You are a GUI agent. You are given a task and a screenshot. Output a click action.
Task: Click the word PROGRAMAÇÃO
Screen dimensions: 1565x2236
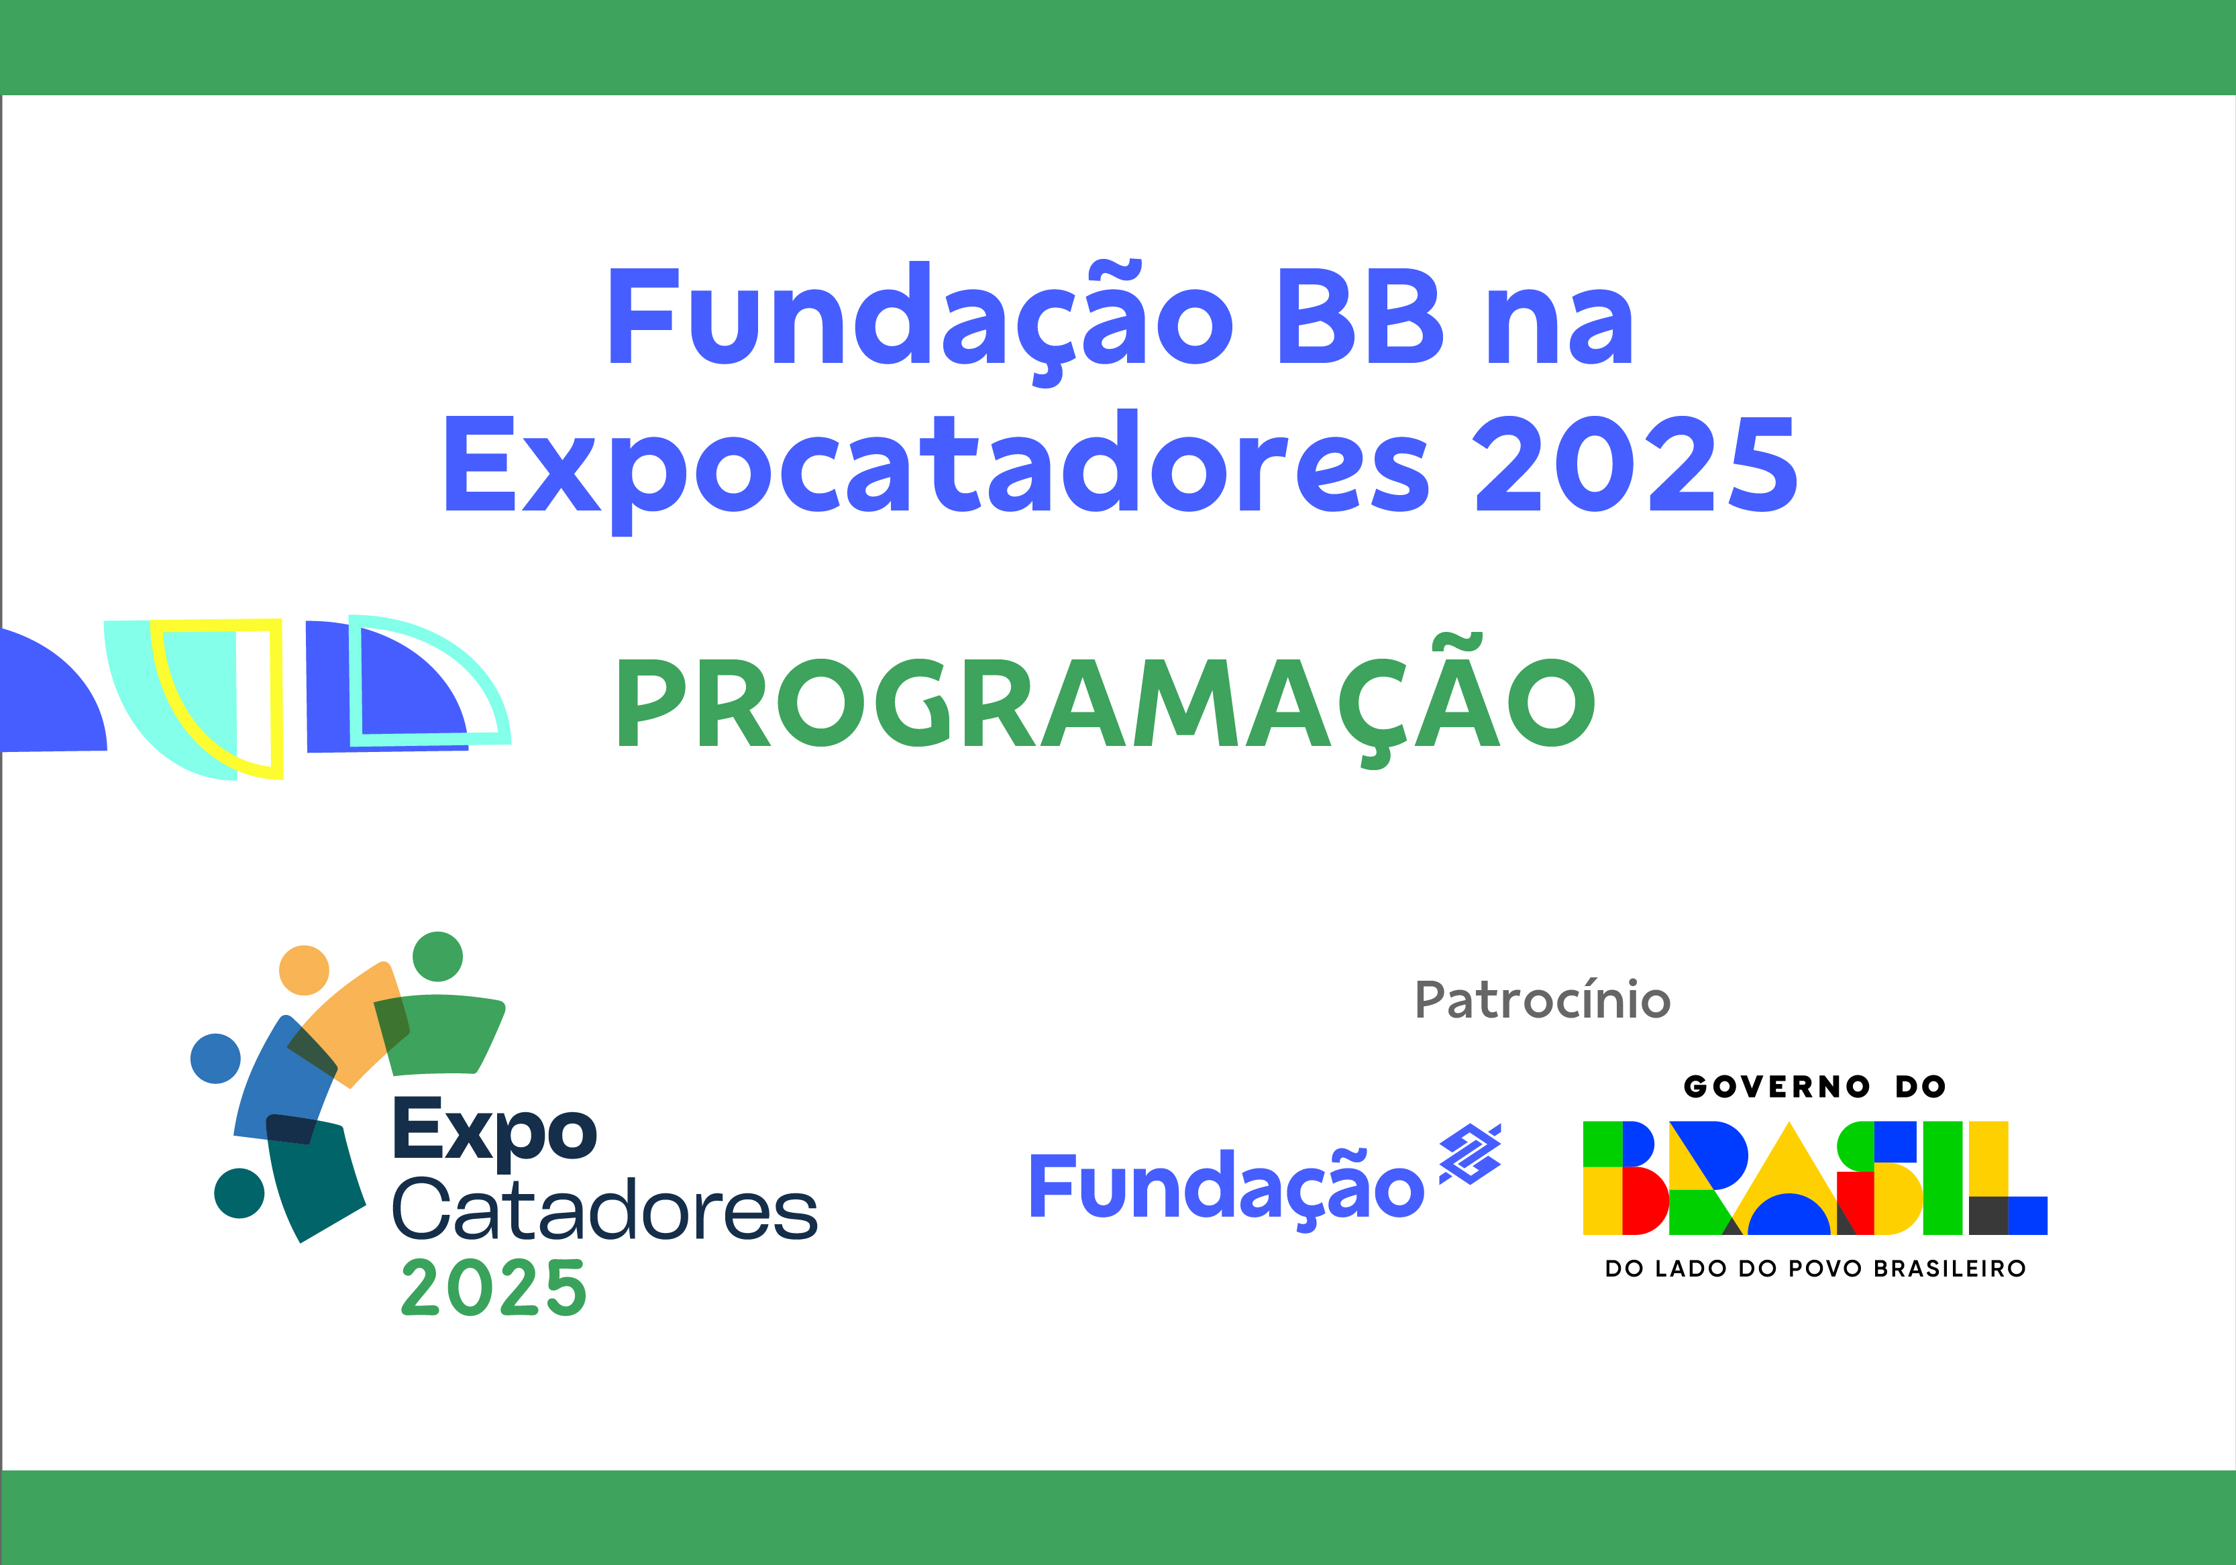click(x=1106, y=703)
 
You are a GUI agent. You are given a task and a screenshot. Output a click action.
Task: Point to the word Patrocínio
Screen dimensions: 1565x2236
click(x=1542, y=1000)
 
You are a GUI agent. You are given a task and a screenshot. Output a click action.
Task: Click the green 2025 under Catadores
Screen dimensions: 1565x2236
click(x=494, y=1289)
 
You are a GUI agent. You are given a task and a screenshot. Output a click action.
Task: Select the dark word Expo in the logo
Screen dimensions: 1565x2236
click(x=494, y=1132)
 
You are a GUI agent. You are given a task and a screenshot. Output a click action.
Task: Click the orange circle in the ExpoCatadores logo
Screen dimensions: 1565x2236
click(x=304, y=970)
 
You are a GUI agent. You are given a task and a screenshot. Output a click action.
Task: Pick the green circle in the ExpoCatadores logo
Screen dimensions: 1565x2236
click(x=437, y=957)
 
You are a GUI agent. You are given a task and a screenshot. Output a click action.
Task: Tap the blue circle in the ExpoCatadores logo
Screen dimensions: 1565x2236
click(x=215, y=1059)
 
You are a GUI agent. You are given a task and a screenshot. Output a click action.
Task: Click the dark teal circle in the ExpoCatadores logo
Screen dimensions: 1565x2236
click(x=239, y=1193)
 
